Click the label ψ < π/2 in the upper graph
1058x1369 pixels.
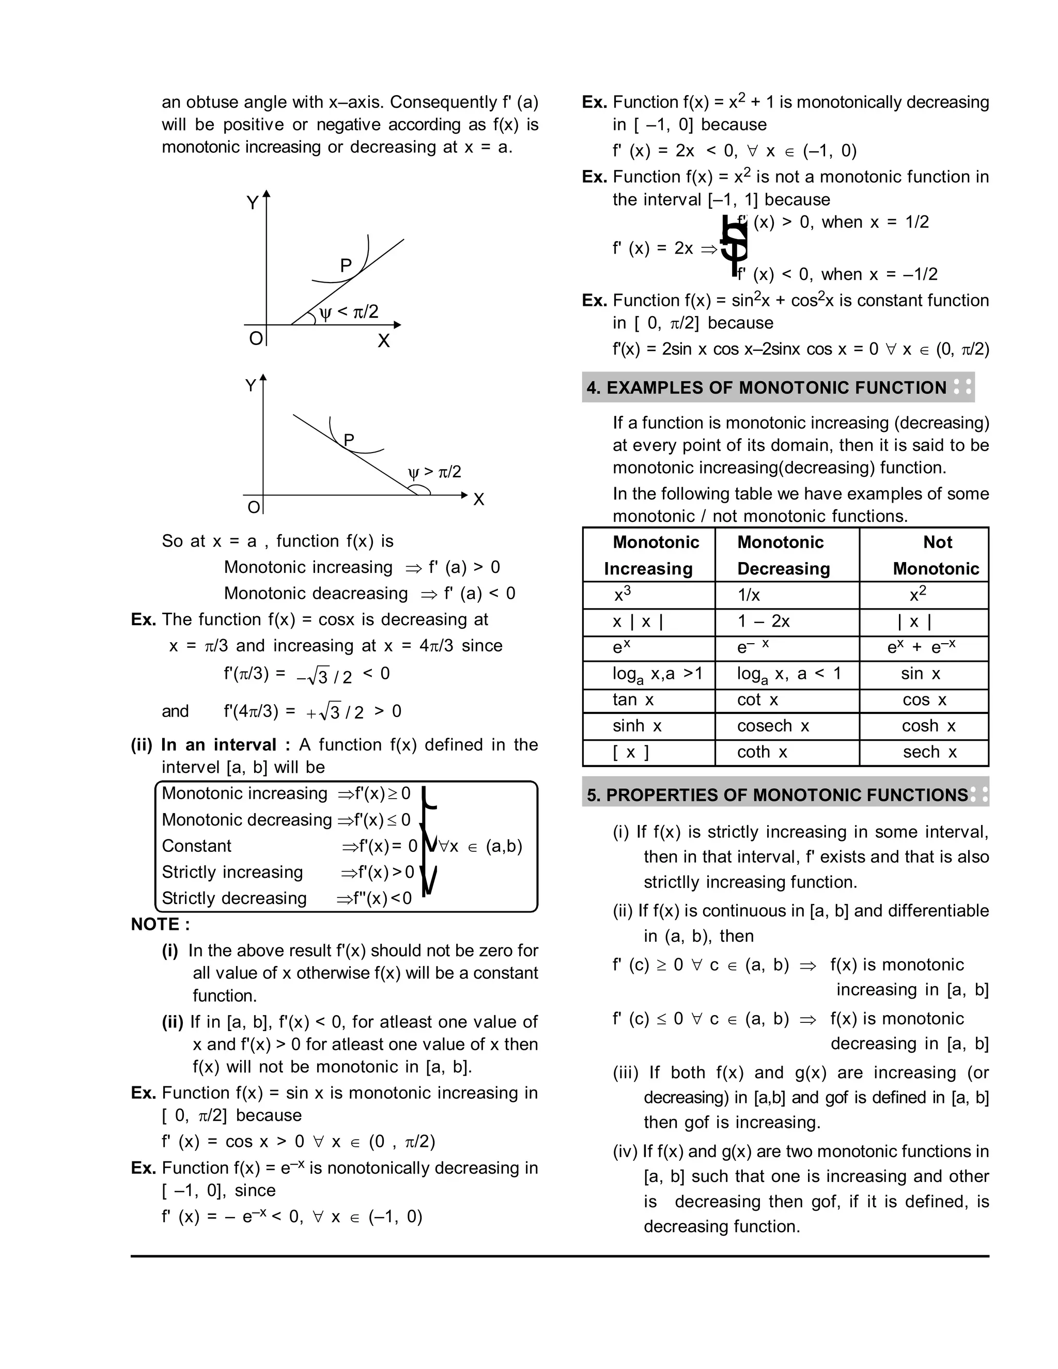click(349, 312)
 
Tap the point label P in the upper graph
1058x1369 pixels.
click(346, 265)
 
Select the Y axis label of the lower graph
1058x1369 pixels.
click(250, 385)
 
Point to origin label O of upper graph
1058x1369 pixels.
click(255, 338)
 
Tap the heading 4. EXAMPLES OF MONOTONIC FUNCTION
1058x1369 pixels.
click(766, 387)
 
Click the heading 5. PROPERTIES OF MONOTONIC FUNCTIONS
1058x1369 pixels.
click(777, 795)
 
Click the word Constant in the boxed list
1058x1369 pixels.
click(196, 846)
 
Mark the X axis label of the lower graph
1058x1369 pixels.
click(478, 500)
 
